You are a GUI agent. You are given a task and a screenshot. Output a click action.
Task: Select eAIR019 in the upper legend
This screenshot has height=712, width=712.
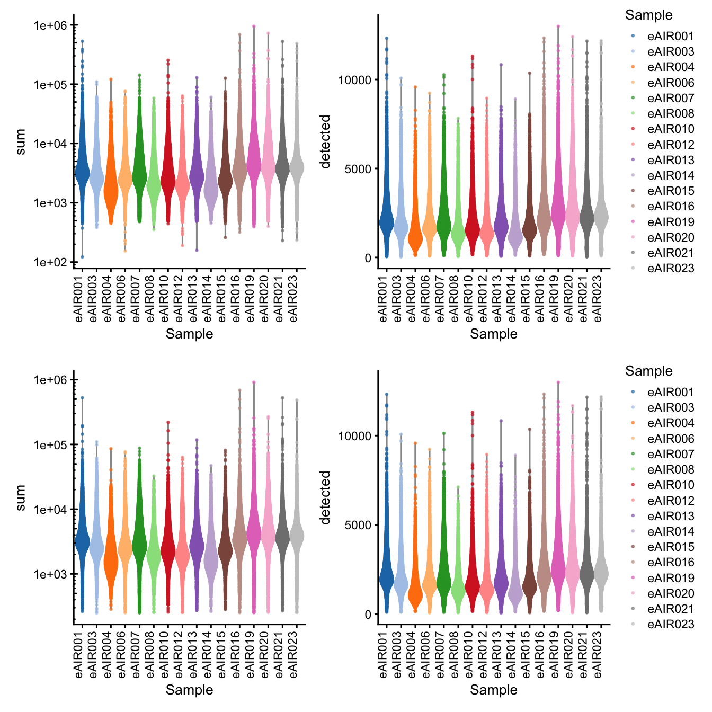click(670, 222)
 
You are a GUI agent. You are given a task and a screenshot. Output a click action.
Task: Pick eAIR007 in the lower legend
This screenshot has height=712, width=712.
click(670, 454)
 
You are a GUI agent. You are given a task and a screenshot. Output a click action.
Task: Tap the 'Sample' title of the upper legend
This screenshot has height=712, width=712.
click(648, 15)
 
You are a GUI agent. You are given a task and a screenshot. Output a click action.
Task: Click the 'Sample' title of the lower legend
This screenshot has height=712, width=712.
click(648, 371)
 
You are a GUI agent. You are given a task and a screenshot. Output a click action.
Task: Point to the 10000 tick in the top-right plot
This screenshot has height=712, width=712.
click(355, 80)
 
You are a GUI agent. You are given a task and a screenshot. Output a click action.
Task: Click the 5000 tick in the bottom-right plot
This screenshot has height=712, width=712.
click(359, 525)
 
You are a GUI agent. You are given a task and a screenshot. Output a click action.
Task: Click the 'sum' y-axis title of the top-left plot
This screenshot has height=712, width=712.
click(20, 141)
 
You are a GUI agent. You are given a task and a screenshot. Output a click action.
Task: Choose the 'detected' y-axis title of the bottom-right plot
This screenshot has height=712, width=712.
click(325, 497)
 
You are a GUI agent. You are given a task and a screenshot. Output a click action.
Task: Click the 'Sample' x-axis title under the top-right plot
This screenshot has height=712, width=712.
click(493, 334)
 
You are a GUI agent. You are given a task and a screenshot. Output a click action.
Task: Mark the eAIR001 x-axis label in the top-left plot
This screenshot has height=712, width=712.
click(80, 298)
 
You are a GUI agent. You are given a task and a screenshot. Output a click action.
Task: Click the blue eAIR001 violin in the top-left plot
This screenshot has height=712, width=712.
click(82, 170)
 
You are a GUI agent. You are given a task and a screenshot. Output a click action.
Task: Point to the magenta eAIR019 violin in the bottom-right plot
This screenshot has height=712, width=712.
click(558, 572)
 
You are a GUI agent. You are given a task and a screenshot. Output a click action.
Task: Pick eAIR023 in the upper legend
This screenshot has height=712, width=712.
click(670, 269)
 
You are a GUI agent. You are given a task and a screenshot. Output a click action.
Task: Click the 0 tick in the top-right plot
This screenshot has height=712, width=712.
click(368, 258)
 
